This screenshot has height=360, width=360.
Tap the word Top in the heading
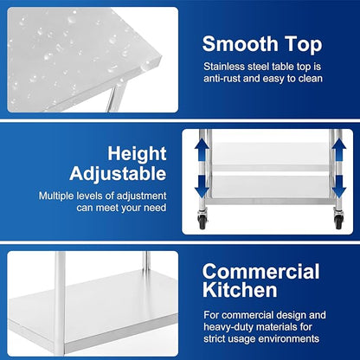click(x=303, y=43)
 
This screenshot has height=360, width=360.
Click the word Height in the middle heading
click(x=138, y=154)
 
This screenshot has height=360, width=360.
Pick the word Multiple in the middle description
click(x=59, y=196)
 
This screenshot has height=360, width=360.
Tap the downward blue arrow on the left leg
click(x=205, y=184)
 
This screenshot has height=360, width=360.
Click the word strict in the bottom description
click(x=219, y=339)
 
